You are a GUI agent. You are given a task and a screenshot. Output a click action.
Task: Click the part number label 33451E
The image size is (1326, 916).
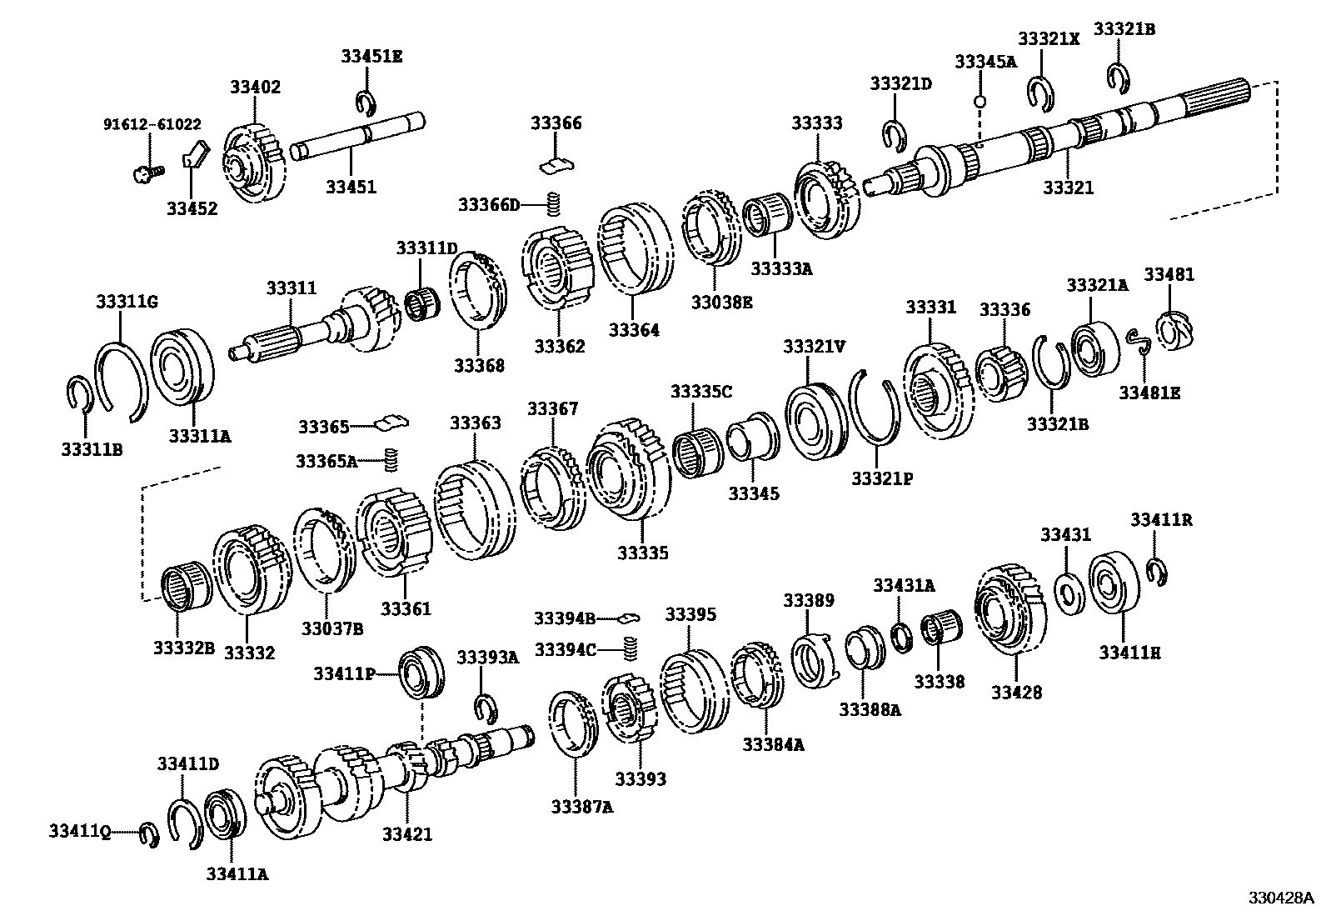[x=371, y=56]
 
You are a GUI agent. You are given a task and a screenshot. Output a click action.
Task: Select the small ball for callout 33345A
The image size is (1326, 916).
[x=980, y=102]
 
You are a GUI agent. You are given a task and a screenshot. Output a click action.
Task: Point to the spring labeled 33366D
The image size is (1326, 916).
[x=551, y=203]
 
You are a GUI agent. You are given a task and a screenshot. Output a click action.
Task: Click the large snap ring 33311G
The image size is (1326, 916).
[x=122, y=376]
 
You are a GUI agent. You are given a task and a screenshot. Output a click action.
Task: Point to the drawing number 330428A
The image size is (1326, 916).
[x=1280, y=898]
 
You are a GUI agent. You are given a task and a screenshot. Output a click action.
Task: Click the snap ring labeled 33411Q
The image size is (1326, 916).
[x=149, y=834]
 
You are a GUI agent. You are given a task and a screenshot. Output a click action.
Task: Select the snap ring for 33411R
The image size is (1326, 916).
[x=1155, y=571]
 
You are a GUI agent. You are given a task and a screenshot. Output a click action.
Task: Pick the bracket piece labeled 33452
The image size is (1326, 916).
[x=195, y=155]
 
